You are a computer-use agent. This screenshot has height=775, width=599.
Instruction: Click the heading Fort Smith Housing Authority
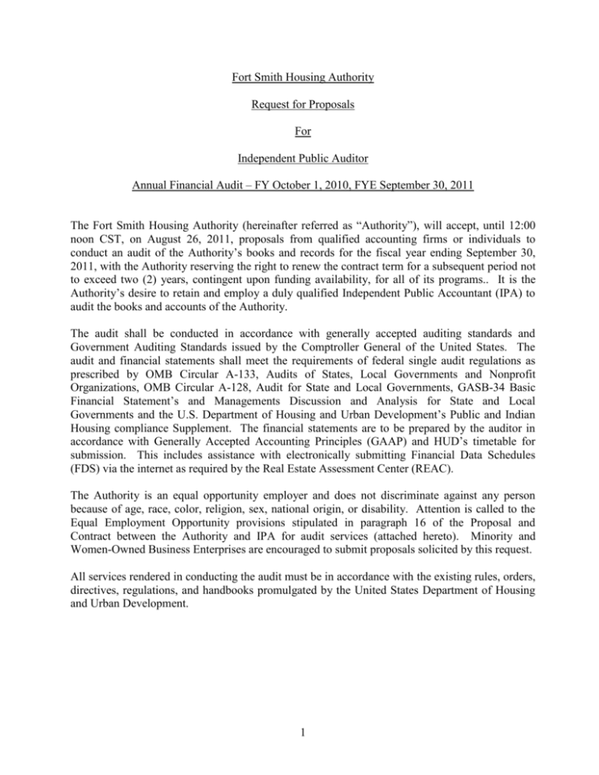click(x=299, y=80)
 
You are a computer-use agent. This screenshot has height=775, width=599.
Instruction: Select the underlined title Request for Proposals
click(x=299, y=111)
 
